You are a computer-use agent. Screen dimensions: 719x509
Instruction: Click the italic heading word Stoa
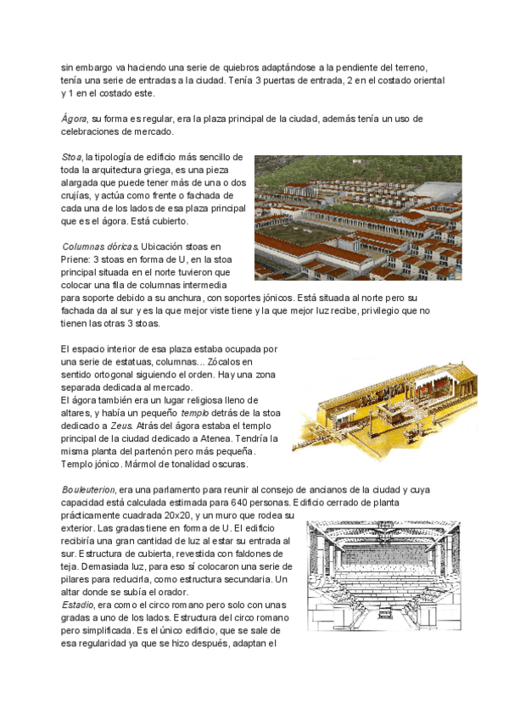pyautogui.click(x=71, y=158)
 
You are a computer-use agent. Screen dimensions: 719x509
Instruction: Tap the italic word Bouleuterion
pyautogui.click(x=89, y=490)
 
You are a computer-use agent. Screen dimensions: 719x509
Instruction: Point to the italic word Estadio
pyautogui.click(x=78, y=605)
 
